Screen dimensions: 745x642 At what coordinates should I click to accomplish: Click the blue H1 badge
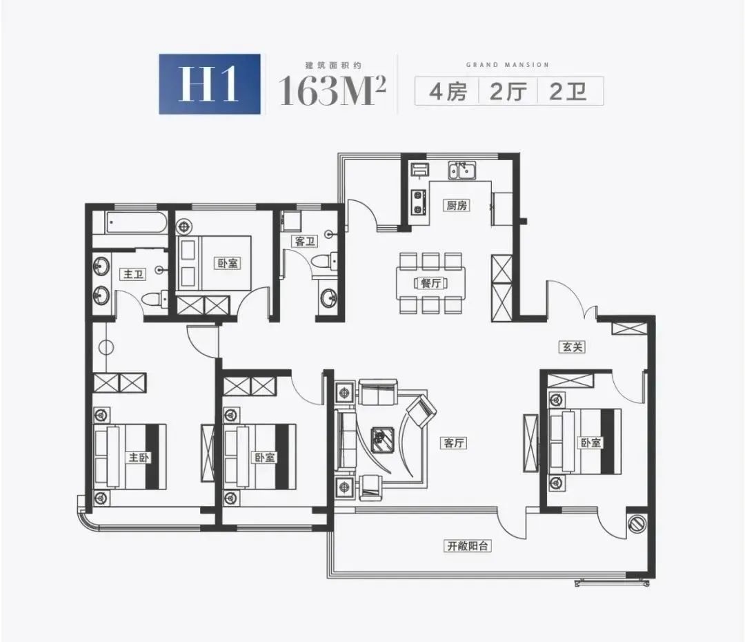point(210,84)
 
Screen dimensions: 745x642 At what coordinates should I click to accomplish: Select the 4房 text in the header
point(448,91)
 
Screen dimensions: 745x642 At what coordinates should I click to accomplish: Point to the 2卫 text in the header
point(568,91)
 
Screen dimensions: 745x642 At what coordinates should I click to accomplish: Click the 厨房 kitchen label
point(457,206)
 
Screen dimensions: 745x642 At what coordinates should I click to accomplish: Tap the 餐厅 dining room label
point(431,283)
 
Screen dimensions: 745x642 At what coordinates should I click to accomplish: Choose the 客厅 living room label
point(454,442)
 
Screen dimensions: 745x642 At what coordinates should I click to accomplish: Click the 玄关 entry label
point(572,347)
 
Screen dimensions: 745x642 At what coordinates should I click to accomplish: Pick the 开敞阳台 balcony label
point(468,546)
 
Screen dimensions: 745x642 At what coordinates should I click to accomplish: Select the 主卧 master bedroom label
point(139,458)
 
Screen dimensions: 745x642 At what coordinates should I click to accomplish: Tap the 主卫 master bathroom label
point(134,274)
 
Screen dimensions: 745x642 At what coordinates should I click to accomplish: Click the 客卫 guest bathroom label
point(305,241)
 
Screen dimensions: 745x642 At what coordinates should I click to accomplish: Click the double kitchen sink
point(461,171)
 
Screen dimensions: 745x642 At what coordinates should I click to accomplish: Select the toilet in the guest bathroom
point(326,262)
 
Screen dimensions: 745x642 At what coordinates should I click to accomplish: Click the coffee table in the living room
point(381,436)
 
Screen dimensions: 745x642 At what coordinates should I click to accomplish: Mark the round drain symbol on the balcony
point(636,523)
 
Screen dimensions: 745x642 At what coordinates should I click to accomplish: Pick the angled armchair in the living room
point(421,410)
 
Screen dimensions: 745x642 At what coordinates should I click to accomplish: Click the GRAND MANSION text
point(508,65)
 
